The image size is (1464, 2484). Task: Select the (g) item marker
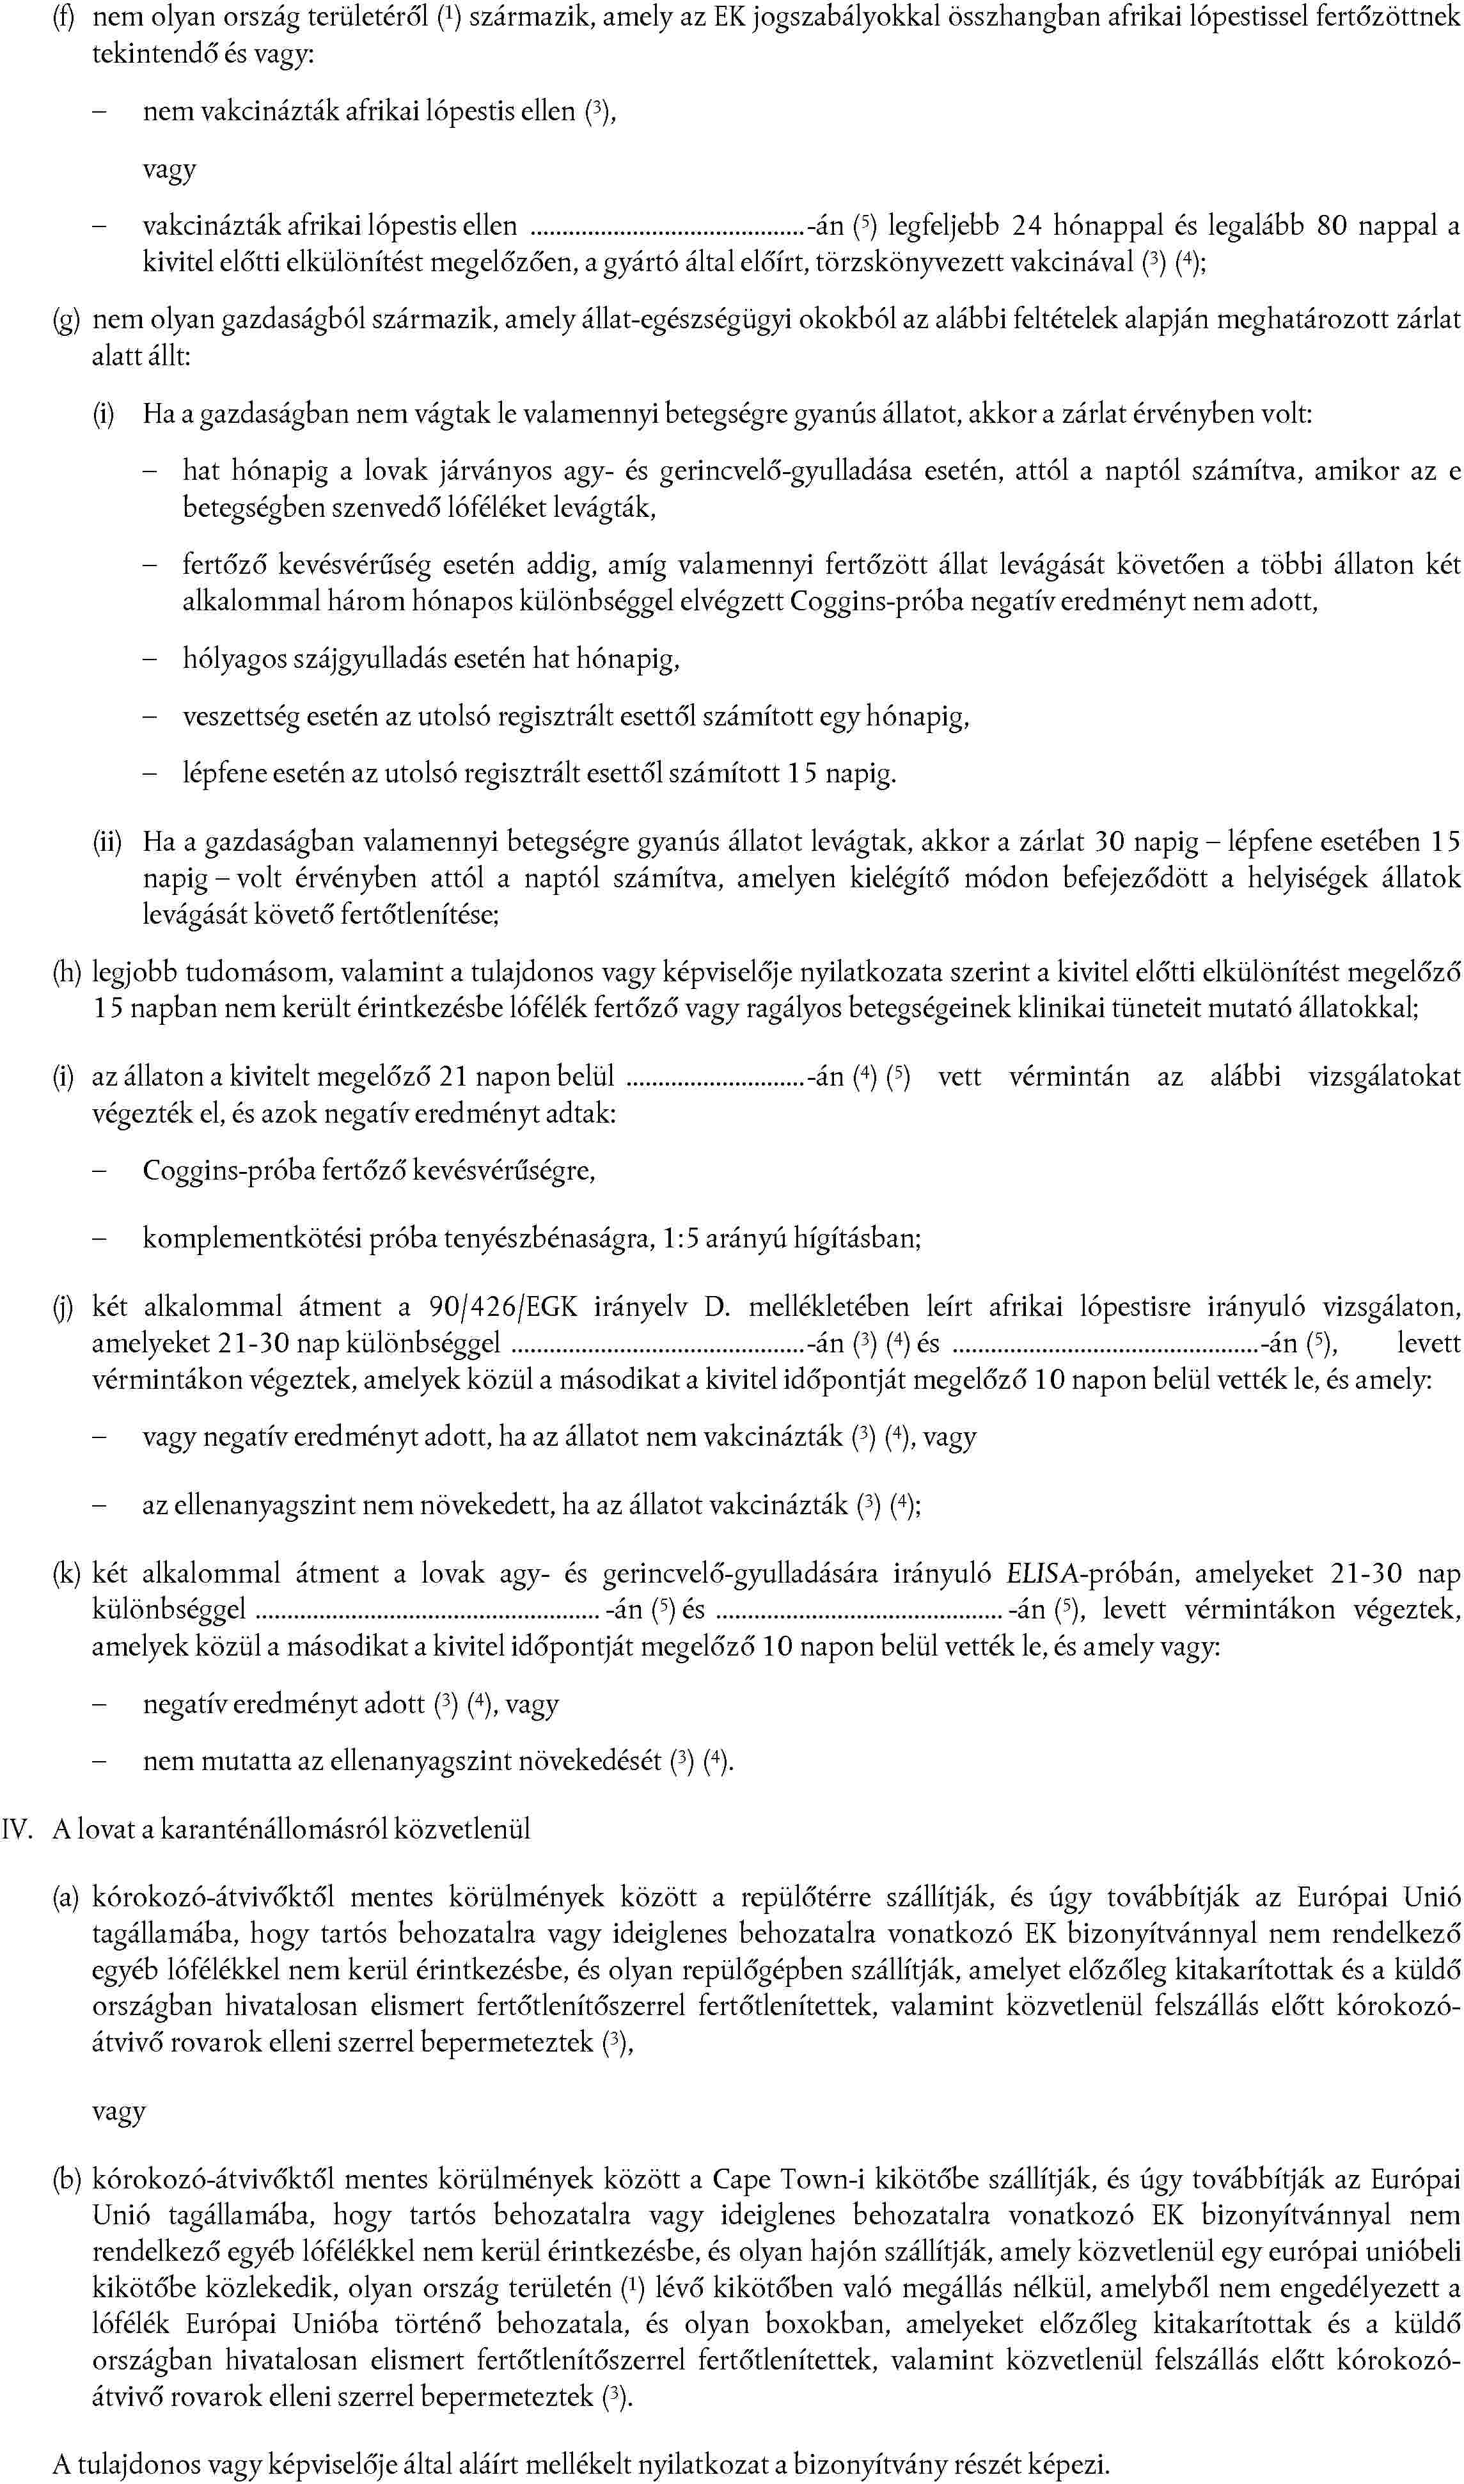(65, 319)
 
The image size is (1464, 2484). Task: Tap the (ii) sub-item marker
(107, 841)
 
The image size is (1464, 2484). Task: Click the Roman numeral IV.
(18, 1829)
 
